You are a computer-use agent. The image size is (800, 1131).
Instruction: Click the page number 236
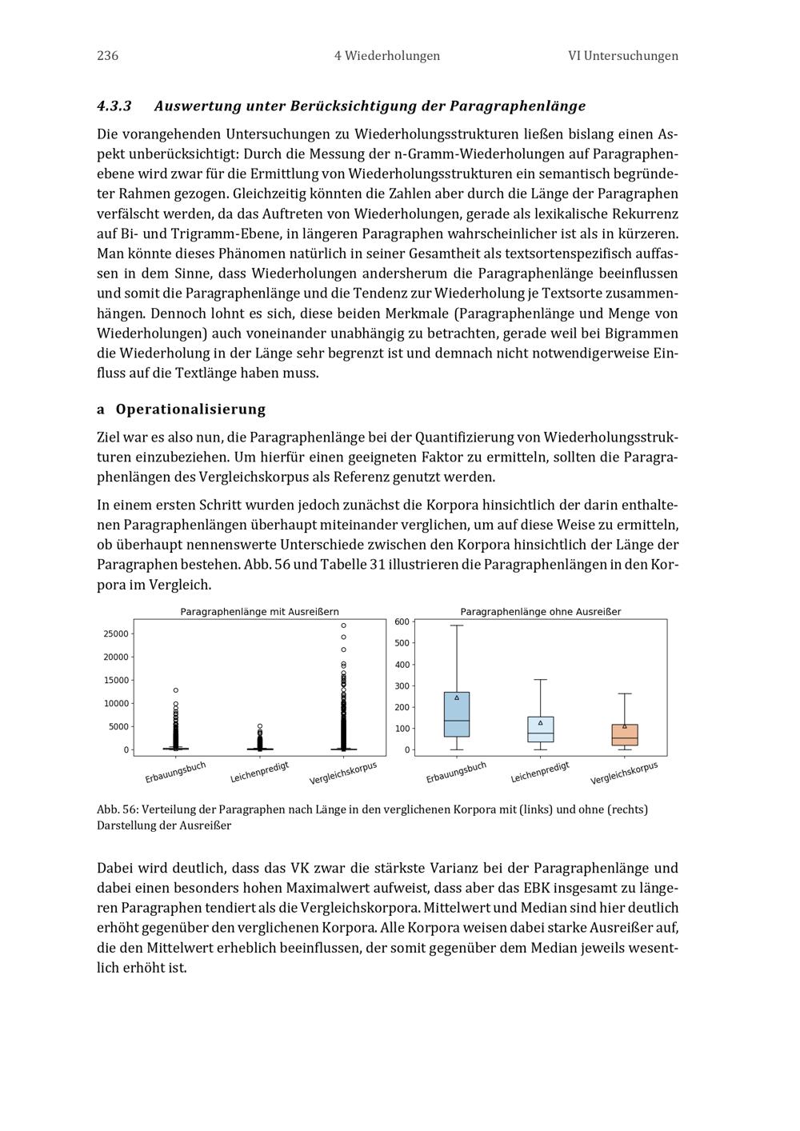tap(107, 56)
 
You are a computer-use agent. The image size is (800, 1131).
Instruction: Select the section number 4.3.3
tap(114, 106)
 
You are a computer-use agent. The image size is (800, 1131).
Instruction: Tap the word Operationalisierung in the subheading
tap(190, 410)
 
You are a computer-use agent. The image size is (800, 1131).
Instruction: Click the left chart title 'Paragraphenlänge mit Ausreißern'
tap(259, 612)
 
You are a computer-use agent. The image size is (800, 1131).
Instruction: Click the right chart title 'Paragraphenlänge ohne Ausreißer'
tap(540, 612)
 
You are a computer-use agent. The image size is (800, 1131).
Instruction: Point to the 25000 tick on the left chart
tap(115, 633)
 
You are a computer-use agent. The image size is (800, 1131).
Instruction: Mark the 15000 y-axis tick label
tap(115, 680)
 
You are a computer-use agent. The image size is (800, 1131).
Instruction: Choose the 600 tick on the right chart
tap(402, 621)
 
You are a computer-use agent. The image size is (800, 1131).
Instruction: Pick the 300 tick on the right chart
tap(402, 686)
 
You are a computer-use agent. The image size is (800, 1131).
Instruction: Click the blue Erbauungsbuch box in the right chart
tap(456, 714)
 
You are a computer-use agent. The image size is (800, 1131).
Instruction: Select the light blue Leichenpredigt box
tap(541, 729)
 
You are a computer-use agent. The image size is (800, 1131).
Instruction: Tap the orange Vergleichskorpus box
tap(625, 735)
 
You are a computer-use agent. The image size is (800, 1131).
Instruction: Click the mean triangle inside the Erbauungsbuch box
tap(457, 697)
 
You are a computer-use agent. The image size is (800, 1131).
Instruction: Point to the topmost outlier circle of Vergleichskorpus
tap(343, 625)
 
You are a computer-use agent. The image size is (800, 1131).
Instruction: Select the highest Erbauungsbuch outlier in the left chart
tap(176, 690)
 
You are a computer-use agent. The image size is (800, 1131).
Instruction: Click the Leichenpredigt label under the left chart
tap(259, 772)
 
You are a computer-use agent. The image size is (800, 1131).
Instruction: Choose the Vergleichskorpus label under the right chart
tap(624, 773)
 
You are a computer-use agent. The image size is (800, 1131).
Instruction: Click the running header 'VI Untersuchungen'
tap(622, 56)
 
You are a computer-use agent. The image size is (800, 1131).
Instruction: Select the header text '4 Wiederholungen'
tap(387, 56)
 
